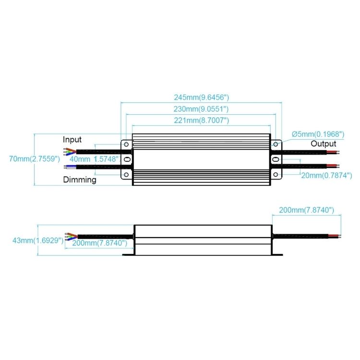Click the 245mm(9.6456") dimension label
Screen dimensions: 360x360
201,96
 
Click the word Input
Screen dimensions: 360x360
72,140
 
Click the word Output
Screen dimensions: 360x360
324,144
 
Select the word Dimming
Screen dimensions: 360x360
80,180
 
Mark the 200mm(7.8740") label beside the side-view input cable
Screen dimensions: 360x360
99,243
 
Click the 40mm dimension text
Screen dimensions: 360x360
80,159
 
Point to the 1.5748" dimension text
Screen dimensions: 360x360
106,159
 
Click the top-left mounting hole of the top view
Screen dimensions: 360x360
126,144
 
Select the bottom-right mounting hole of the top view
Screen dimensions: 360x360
276,175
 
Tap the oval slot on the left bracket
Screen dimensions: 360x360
127,159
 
